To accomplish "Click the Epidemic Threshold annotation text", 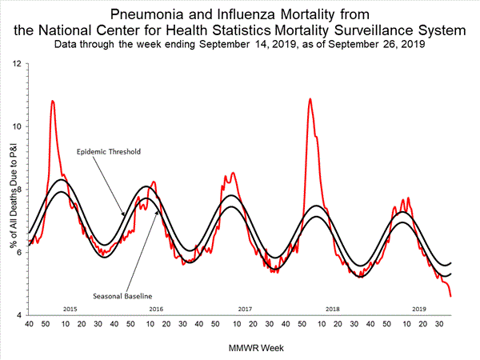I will click(x=104, y=152).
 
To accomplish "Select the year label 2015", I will click(x=70, y=308).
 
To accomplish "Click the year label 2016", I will click(x=155, y=308).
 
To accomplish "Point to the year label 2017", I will click(x=245, y=308).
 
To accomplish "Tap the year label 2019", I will click(x=418, y=308).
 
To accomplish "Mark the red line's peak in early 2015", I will click(x=52, y=102).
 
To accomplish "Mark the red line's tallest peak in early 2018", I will click(x=310, y=99).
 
